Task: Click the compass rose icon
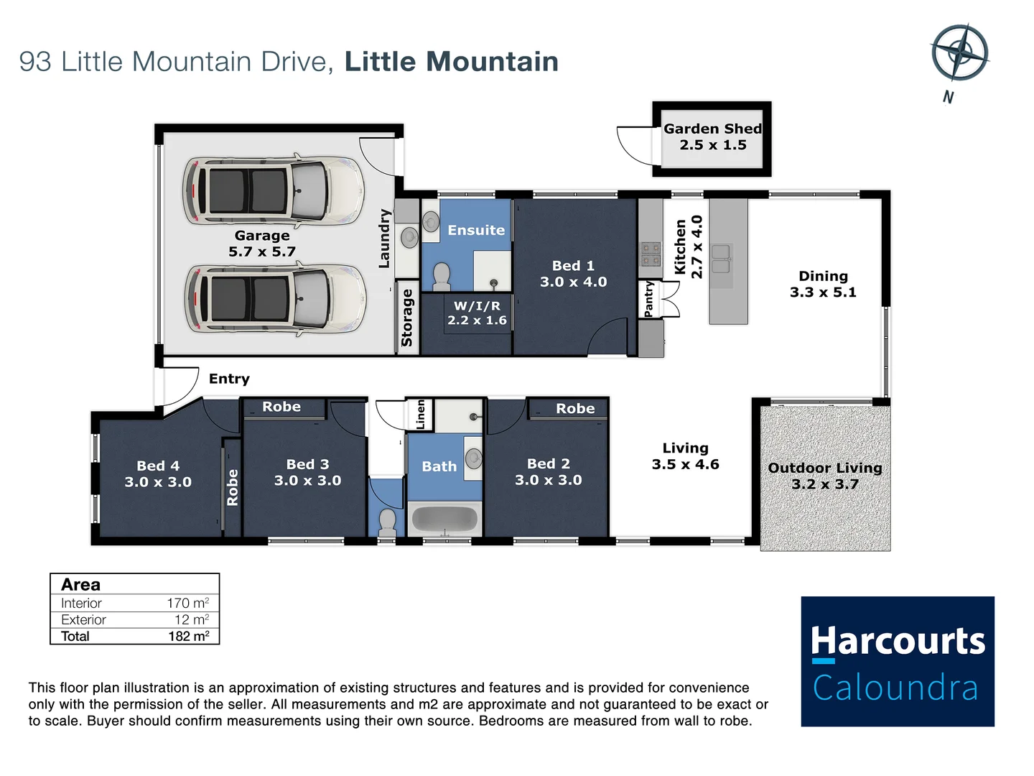click(x=959, y=52)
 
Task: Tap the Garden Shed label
click(x=712, y=137)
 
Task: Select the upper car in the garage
click(x=274, y=190)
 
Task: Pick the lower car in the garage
click(x=275, y=299)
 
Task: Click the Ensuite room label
click(x=476, y=230)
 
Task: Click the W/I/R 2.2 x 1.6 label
click(x=477, y=313)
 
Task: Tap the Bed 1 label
click(x=573, y=274)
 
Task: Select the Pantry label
click(x=648, y=298)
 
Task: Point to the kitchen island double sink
click(x=721, y=259)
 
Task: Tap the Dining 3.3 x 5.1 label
click(x=823, y=284)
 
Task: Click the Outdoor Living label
click(x=825, y=476)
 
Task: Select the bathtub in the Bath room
click(x=444, y=519)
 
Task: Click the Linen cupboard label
click(x=421, y=415)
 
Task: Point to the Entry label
click(x=229, y=379)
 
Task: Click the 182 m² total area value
click(x=189, y=636)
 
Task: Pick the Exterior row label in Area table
click(x=83, y=619)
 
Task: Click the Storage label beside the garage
click(x=407, y=318)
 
